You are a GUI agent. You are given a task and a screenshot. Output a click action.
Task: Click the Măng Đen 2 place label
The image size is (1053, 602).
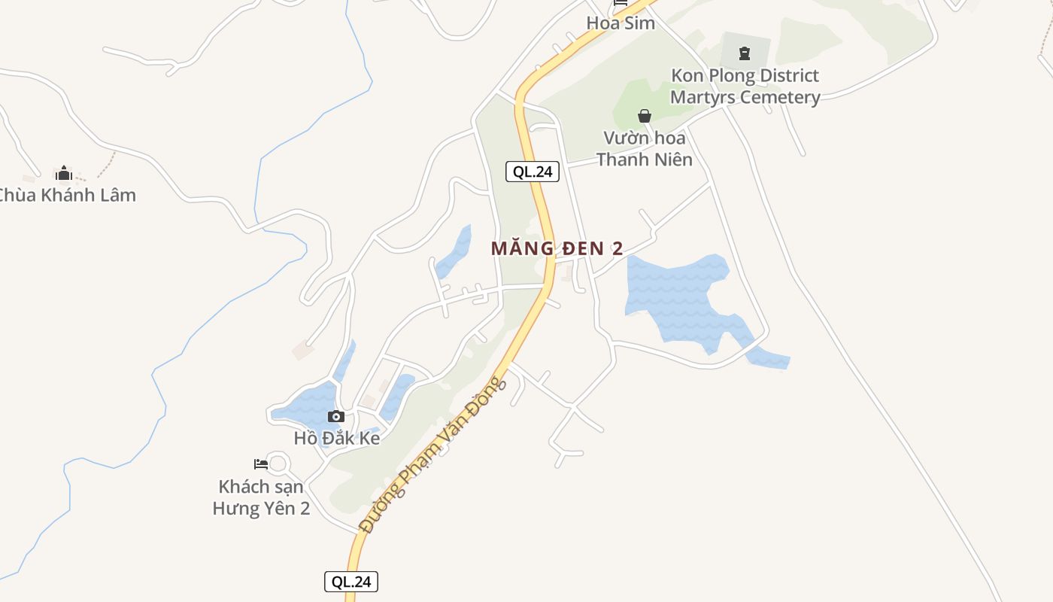pos(557,248)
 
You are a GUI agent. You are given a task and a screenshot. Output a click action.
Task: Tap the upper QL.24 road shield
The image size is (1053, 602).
pos(533,172)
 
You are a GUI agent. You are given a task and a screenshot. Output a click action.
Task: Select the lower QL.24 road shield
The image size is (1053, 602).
pos(351,582)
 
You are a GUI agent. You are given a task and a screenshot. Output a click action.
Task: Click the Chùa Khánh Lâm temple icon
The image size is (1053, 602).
pos(64,174)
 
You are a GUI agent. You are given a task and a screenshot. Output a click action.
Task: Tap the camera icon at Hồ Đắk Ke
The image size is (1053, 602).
pos(336,417)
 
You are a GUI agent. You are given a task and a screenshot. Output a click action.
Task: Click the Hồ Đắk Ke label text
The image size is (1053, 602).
pos(337,438)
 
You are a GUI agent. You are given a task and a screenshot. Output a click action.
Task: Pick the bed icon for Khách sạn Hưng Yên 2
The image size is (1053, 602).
pos(261,464)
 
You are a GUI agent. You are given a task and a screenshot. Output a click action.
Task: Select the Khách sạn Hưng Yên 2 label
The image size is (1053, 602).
pos(261,497)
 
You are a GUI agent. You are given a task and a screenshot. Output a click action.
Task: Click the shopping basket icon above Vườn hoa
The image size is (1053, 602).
pos(645,116)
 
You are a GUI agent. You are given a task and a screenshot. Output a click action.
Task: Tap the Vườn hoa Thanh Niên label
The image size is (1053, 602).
pos(645,148)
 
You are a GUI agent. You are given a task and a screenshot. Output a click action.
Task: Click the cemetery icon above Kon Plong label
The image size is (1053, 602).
pos(745,53)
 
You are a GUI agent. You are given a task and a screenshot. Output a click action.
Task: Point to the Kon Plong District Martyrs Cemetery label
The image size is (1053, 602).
pos(745,87)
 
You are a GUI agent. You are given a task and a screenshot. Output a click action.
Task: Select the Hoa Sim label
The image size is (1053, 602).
pos(621,23)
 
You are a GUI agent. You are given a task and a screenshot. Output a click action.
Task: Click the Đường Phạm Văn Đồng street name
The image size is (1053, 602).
pos(432,455)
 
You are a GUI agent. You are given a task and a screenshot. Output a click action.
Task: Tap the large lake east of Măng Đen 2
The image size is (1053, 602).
pos(681,297)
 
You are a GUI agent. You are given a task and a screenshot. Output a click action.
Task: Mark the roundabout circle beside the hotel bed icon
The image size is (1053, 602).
pos(278,463)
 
